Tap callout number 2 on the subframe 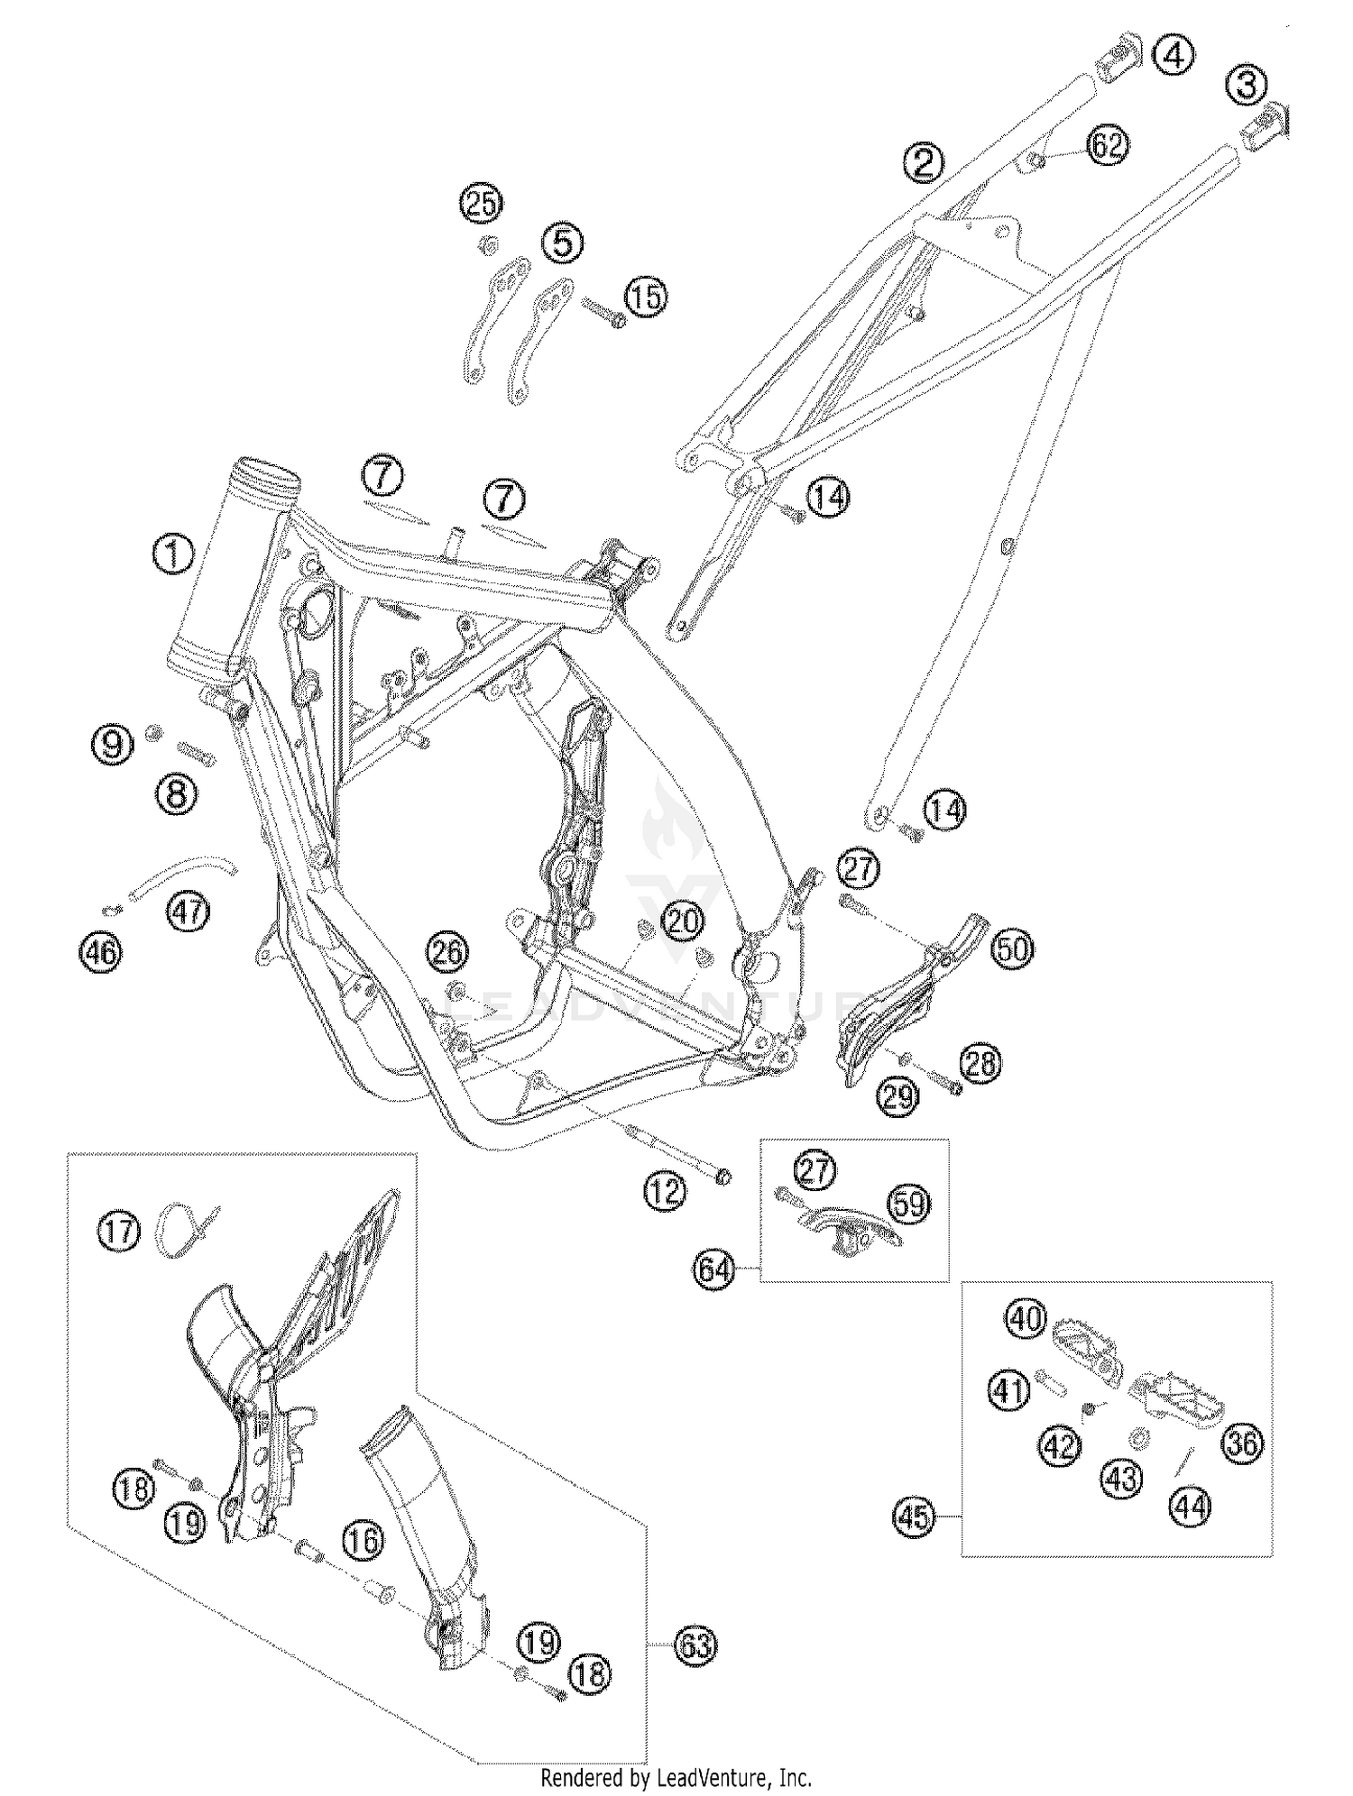pyautogui.click(x=925, y=163)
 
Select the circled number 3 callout pyautogui.click(x=1247, y=87)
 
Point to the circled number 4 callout pyautogui.click(x=1173, y=56)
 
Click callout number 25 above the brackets pyautogui.click(x=482, y=204)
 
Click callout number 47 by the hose pyautogui.click(x=189, y=912)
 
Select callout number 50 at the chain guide pyautogui.click(x=1013, y=948)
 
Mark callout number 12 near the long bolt pyautogui.click(x=665, y=1192)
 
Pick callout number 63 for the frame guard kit pyautogui.click(x=695, y=1646)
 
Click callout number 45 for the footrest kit pyautogui.click(x=914, y=1517)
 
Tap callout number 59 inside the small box pyautogui.click(x=909, y=1203)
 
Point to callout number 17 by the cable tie pyautogui.click(x=119, y=1232)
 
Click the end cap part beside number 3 pyautogui.click(x=1269, y=126)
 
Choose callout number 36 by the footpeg pyautogui.click(x=1242, y=1443)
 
